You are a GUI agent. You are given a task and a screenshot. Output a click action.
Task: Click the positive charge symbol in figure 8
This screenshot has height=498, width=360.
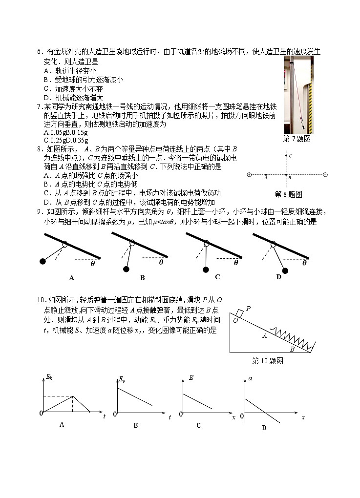coord(249,174)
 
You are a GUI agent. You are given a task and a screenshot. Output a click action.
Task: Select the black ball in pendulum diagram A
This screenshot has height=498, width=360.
coord(42,262)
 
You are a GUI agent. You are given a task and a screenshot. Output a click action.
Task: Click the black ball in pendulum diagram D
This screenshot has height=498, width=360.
coord(285,270)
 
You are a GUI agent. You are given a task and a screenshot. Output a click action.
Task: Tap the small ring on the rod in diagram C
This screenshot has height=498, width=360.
coord(207,243)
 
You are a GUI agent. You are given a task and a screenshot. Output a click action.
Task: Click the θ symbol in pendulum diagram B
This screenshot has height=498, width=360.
coord(161,262)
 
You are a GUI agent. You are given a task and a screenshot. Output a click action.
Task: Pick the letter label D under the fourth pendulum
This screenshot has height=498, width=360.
coord(279,277)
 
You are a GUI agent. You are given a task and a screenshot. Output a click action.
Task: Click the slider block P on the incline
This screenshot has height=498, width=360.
coord(239,312)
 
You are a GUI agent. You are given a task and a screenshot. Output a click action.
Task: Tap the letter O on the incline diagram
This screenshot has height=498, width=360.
coord(235,320)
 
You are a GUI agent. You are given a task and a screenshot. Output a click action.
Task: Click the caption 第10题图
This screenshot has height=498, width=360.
coord(267,361)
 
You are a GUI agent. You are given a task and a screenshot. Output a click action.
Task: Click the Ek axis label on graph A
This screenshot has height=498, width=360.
coord(49,376)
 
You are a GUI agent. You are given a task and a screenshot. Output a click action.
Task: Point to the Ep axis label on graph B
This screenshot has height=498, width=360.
coord(122,379)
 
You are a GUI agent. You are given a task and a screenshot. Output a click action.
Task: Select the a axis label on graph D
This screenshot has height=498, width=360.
coord(250,378)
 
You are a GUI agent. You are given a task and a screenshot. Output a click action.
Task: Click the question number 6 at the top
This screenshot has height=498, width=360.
coord(39,52)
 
